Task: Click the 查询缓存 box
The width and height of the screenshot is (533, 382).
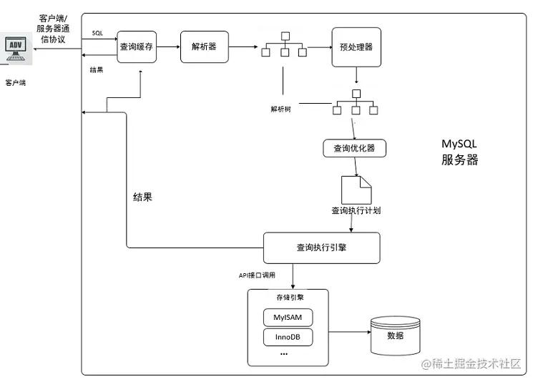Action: pyautogui.click(x=137, y=46)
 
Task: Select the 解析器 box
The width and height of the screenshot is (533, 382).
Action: pyautogui.click(x=204, y=46)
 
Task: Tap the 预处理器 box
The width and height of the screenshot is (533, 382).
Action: pyautogui.click(x=356, y=47)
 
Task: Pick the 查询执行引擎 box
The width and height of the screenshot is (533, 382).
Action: pyautogui.click(x=321, y=248)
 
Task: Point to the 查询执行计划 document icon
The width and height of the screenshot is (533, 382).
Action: pyautogui.click(x=356, y=189)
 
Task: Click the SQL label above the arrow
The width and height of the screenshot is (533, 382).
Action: pyautogui.click(x=97, y=34)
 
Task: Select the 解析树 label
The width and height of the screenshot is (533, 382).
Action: pyautogui.click(x=280, y=109)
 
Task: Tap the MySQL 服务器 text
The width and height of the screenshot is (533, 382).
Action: pyautogui.click(x=459, y=152)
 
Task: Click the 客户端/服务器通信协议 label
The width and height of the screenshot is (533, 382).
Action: pyautogui.click(x=53, y=27)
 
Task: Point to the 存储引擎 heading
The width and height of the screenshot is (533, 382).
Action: pyautogui.click(x=287, y=296)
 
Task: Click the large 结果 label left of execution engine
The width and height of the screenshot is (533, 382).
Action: pyautogui.click(x=142, y=197)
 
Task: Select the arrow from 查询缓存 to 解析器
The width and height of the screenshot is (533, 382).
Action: pyautogui.click(x=168, y=46)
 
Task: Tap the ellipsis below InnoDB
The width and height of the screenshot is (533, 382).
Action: pyautogui.click(x=283, y=354)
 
